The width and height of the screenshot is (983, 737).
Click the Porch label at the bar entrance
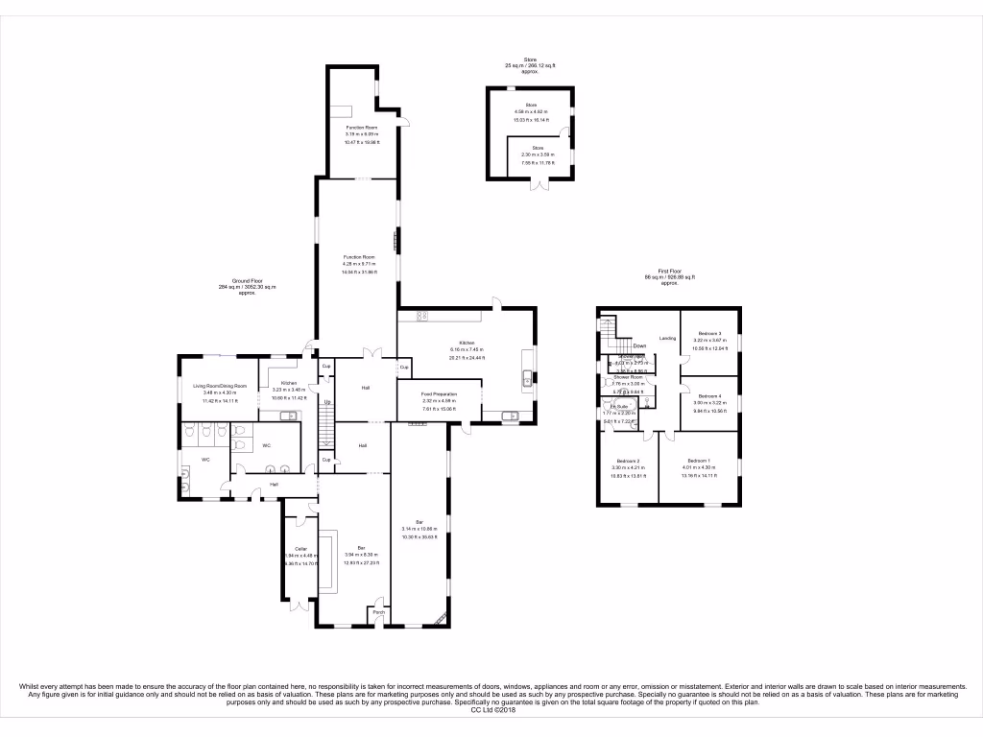(x=378, y=611)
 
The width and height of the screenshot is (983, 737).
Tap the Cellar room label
(x=300, y=549)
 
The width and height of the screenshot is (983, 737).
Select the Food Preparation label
(x=439, y=393)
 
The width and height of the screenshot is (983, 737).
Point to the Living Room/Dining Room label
(x=220, y=386)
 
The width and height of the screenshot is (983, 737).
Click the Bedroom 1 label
(x=698, y=461)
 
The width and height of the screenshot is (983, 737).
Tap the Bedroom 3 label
(x=711, y=333)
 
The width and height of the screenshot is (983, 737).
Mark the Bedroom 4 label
(x=710, y=396)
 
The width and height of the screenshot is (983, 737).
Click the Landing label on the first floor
(x=667, y=339)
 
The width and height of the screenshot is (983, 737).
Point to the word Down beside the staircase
(x=639, y=345)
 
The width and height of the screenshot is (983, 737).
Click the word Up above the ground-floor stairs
(x=327, y=401)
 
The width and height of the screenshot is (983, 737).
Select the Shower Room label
(x=628, y=378)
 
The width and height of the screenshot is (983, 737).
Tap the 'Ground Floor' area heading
(x=248, y=281)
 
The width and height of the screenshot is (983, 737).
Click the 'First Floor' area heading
(x=669, y=273)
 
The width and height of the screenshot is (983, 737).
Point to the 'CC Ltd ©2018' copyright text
(x=491, y=710)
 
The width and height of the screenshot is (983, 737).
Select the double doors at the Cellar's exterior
(x=302, y=605)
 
